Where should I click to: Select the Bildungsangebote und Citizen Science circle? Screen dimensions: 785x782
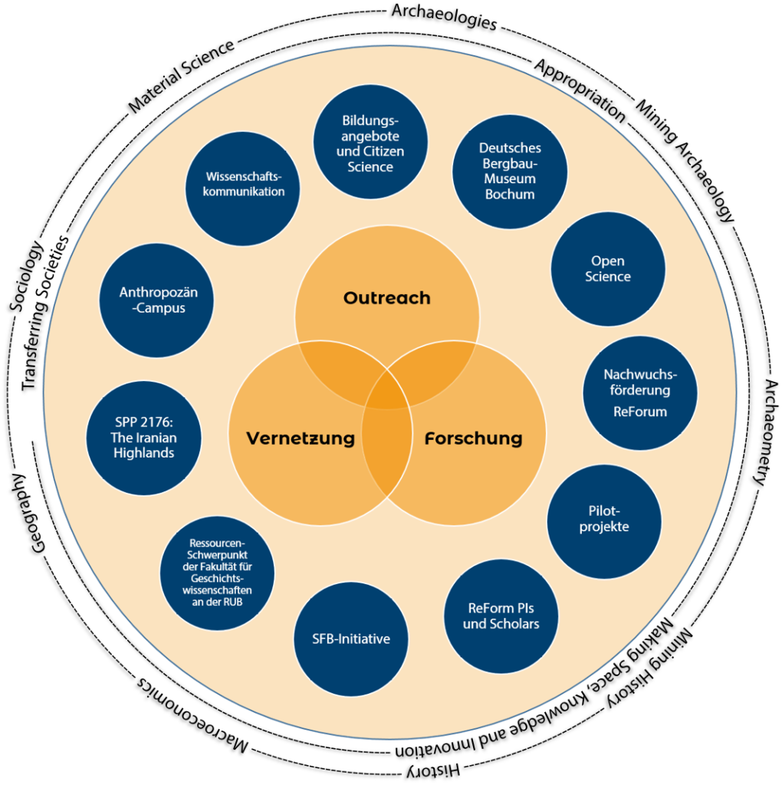point(370,143)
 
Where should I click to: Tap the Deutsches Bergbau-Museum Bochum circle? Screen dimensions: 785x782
point(510,171)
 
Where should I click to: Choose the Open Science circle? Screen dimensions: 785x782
point(608,269)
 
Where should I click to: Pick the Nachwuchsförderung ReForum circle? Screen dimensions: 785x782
point(640,392)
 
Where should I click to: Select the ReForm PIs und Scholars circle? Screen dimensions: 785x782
point(501,616)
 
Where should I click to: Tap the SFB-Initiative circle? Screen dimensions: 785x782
point(351,639)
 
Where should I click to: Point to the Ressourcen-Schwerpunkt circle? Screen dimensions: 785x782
point(217,573)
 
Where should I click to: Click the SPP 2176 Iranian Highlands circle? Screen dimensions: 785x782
point(144,438)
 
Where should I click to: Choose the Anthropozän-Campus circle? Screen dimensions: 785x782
point(157,300)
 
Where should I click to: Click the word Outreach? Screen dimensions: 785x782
point(387,298)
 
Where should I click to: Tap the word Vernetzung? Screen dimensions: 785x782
point(301,438)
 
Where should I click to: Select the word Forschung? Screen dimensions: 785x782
point(473,438)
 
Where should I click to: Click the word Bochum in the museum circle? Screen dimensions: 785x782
point(510,194)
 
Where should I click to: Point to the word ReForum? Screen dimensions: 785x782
point(640,412)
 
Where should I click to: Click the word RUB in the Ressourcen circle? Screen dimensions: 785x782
point(238,602)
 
